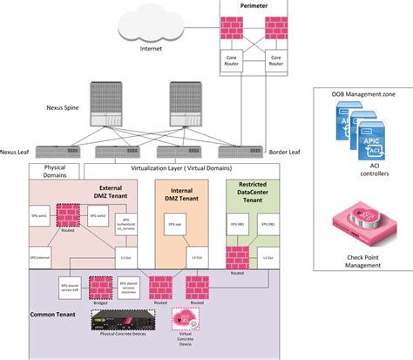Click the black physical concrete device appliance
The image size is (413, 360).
pos(125,321)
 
